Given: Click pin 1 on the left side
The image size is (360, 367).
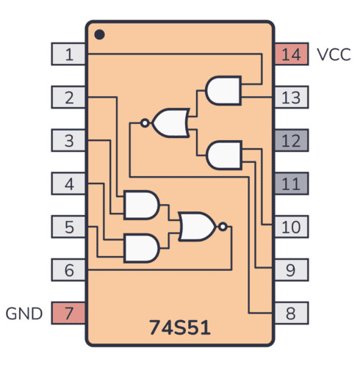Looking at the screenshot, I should [x=69, y=54].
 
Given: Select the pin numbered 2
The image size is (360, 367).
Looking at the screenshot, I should [x=69, y=97].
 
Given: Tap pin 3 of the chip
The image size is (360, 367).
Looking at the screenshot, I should [x=69, y=140].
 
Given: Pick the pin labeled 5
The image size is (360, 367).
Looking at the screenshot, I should [x=69, y=227].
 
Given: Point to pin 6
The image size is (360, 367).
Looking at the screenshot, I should [x=69, y=270].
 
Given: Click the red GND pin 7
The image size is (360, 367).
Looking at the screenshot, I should [x=69, y=313].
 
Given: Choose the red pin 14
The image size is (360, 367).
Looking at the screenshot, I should [x=291, y=54].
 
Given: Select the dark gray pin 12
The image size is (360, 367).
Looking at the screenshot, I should [x=291, y=140].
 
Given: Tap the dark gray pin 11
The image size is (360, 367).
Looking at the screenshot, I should [x=291, y=183].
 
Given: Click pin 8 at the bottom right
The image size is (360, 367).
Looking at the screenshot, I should [x=291, y=313].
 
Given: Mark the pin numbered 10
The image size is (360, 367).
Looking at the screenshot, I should [x=291, y=227].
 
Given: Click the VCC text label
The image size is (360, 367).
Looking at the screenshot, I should [x=334, y=54].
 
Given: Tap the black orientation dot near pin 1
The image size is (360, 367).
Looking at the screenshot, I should [x=100, y=34].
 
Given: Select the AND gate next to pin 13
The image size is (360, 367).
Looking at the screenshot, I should [x=224, y=90].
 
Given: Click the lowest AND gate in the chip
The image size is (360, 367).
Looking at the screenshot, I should [x=141, y=249].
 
